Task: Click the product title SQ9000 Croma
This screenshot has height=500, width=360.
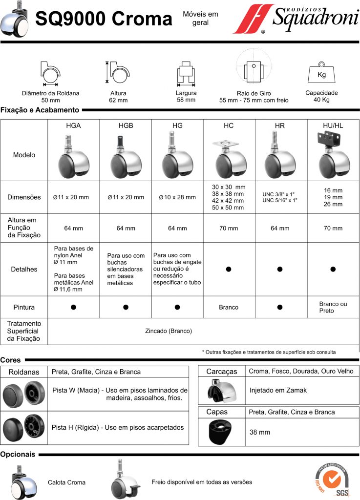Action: (104, 20)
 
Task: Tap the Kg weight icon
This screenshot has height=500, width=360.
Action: (321, 74)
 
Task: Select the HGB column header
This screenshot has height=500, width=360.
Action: (126, 125)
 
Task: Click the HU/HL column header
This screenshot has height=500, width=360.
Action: (333, 125)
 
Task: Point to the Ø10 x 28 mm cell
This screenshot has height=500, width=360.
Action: (177, 197)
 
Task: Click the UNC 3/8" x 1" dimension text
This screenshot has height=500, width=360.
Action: (280, 194)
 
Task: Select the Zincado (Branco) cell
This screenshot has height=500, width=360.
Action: (169, 331)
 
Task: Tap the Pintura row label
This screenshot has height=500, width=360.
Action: (24, 308)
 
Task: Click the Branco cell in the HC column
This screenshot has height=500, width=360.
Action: (229, 308)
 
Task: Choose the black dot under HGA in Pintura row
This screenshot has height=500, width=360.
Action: (73, 307)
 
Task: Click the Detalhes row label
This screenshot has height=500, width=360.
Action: (24, 269)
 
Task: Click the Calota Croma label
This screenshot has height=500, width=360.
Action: (66, 482)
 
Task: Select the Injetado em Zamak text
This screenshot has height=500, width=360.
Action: (278, 390)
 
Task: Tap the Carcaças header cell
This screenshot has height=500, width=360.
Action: (221, 372)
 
